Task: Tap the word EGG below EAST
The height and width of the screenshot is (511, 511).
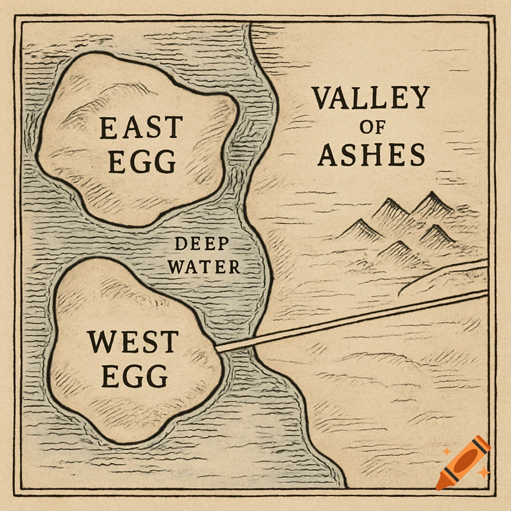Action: point(142,161)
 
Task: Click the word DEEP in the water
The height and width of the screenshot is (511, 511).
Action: point(202,245)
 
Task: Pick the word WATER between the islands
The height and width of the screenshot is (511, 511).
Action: point(204,267)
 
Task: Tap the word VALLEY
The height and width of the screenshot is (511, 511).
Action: point(371,98)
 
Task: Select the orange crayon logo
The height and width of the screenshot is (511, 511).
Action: point(463,462)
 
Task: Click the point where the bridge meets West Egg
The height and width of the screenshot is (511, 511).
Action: point(218,347)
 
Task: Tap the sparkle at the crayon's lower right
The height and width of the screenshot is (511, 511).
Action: point(483,472)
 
